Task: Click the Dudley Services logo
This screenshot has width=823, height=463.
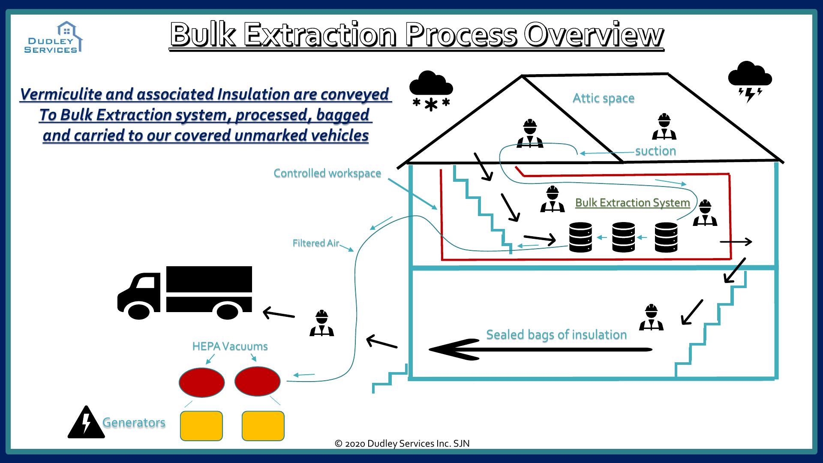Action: click(53, 38)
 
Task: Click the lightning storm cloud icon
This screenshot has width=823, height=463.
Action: click(750, 81)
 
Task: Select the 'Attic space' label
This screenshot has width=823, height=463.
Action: click(603, 98)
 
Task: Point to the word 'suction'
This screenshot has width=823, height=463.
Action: click(655, 151)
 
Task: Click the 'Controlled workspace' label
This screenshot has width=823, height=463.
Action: click(327, 173)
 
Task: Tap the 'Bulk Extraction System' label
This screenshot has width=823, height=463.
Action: click(632, 202)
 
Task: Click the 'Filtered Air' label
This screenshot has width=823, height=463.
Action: click(315, 243)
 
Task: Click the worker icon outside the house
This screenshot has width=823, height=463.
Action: click(321, 324)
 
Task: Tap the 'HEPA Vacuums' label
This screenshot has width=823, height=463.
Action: click(230, 346)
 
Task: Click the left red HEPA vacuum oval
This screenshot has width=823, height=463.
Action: click(201, 382)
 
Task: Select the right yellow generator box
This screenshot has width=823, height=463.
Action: click(263, 426)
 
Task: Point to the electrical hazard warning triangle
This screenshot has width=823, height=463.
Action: click(86, 423)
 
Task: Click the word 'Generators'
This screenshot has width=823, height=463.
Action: click(134, 423)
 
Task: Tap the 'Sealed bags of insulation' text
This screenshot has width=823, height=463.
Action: click(556, 334)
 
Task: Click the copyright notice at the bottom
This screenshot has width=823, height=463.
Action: click(402, 444)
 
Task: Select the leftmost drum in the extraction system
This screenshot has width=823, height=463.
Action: click(580, 237)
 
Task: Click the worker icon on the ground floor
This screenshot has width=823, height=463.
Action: click(651, 318)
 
